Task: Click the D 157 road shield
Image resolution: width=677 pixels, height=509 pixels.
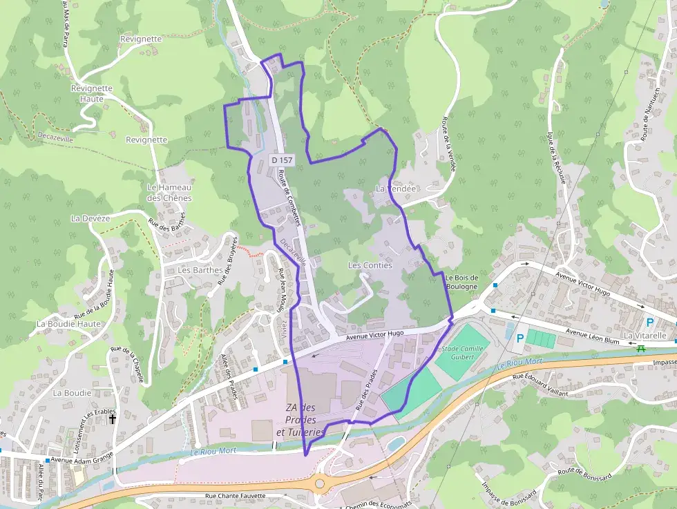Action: (280, 160)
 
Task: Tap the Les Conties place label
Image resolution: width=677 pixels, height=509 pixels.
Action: (370, 265)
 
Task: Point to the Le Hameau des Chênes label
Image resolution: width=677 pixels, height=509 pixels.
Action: (169, 193)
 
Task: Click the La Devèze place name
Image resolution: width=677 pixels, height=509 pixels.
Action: (90, 218)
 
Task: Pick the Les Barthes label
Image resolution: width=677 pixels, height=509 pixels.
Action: (200, 270)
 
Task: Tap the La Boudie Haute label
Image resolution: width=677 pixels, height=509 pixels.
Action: (69, 323)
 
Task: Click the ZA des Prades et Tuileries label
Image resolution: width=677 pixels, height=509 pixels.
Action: (301, 420)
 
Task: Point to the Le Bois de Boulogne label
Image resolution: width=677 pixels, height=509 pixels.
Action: (462, 282)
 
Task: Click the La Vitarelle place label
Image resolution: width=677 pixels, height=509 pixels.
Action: (645, 336)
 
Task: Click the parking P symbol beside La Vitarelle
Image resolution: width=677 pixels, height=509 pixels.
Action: (649, 322)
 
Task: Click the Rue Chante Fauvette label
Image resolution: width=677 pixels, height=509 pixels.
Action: (236, 496)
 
